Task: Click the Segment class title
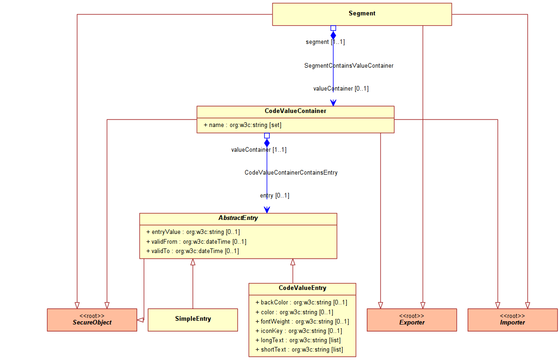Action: [362, 14]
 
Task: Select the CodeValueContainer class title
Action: [295, 111]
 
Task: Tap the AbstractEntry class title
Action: [238, 218]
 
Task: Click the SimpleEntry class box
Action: [193, 319]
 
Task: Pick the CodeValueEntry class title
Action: [302, 288]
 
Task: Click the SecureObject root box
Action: [92, 320]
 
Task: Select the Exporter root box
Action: [412, 320]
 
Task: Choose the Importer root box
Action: [512, 320]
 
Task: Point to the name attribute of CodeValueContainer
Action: [242, 125]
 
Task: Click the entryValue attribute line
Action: [193, 232]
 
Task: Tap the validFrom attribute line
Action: [196, 241]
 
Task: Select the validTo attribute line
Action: [192, 251]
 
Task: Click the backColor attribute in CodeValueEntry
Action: [301, 303]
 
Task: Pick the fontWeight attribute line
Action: [302, 322]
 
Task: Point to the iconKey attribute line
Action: [299, 331]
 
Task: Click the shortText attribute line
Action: [299, 350]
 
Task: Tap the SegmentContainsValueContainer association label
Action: [349, 66]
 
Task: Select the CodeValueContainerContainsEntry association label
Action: [291, 173]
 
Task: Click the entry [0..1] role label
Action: [274, 196]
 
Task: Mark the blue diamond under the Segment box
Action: [333, 35]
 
